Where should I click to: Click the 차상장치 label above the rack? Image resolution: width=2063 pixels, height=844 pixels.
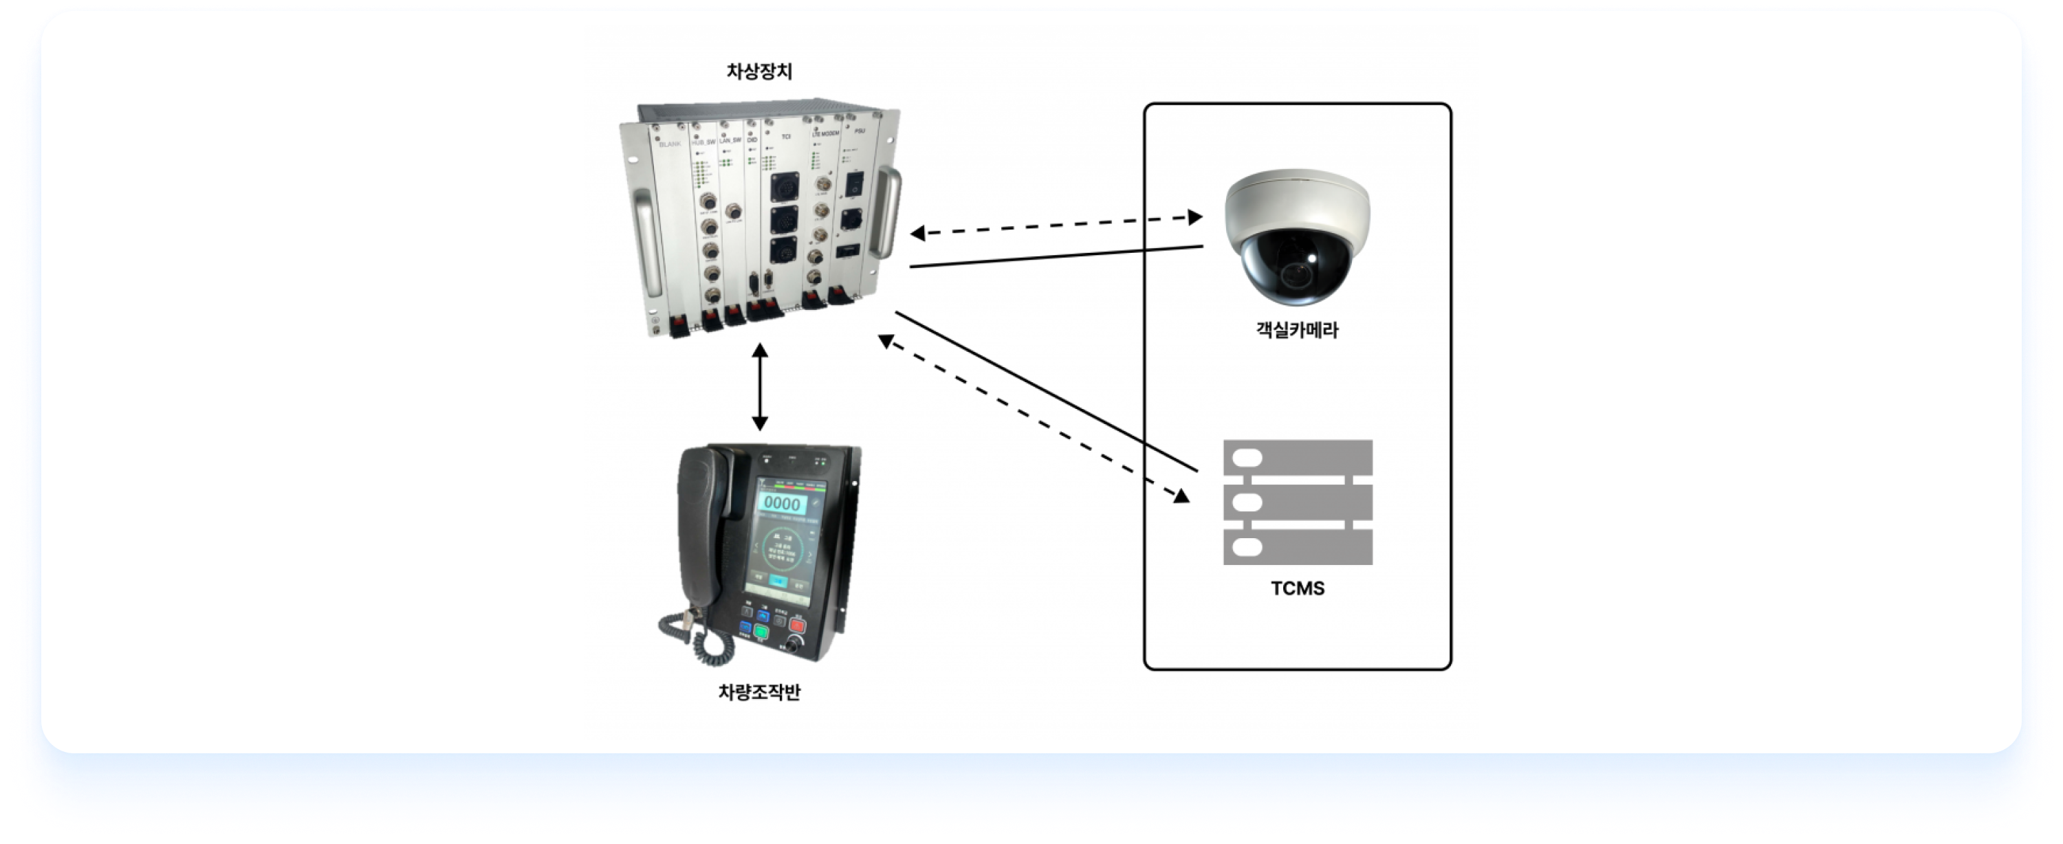click(x=759, y=71)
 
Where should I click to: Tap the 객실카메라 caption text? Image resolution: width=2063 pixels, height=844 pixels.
click(x=1296, y=330)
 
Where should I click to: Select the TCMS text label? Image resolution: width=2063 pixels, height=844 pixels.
click(x=1298, y=588)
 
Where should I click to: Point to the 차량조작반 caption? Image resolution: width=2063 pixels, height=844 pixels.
click(x=759, y=692)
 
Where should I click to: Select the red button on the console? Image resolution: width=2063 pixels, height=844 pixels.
click(x=797, y=625)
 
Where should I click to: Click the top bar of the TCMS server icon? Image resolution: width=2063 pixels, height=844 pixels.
click(x=1298, y=458)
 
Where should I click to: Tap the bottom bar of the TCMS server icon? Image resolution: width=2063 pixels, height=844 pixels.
click(x=1298, y=548)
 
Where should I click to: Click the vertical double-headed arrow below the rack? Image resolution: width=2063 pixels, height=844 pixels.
click(x=760, y=387)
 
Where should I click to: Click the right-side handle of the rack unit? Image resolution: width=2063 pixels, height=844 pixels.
click(x=886, y=212)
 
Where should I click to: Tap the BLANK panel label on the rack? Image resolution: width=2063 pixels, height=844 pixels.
click(x=670, y=144)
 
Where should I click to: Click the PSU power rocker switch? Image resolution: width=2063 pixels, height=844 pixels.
click(x=853, y=184)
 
